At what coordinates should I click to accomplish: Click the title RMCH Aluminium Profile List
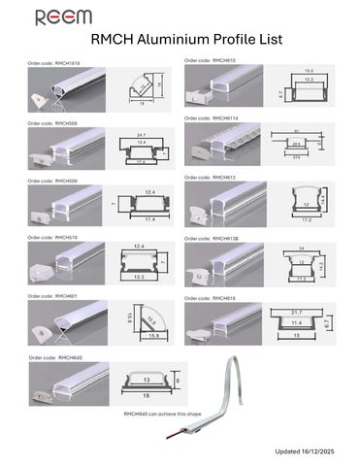[179, 41]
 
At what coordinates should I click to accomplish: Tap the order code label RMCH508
[52, 124]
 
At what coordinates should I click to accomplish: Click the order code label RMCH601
[52, 295]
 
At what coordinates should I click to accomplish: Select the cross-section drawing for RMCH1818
[146, 91]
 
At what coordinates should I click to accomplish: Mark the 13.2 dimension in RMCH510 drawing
[140, 277]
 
